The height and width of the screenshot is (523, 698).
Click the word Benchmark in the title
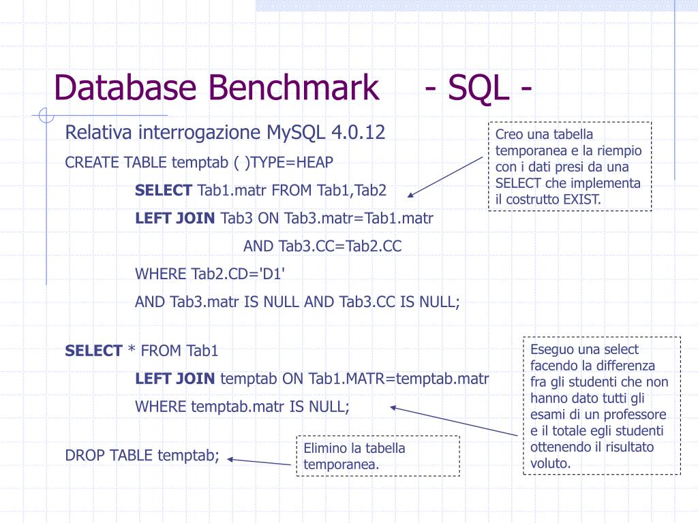[x=294, y=88]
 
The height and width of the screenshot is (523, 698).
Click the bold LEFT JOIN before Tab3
[x=175, y=218]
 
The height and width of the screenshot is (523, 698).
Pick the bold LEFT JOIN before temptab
[x=175, y=379]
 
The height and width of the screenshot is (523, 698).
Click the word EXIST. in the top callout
[x=581, y=199]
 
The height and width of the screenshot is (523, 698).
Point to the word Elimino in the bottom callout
[x=324, y=448]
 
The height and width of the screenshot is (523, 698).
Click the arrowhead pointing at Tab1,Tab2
[x=411, y=195]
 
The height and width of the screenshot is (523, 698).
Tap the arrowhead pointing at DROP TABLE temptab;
[x=230, y=459]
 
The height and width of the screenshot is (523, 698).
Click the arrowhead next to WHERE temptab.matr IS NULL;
[x=393, y=408]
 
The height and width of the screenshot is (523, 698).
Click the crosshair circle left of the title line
[x=46, y=116]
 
